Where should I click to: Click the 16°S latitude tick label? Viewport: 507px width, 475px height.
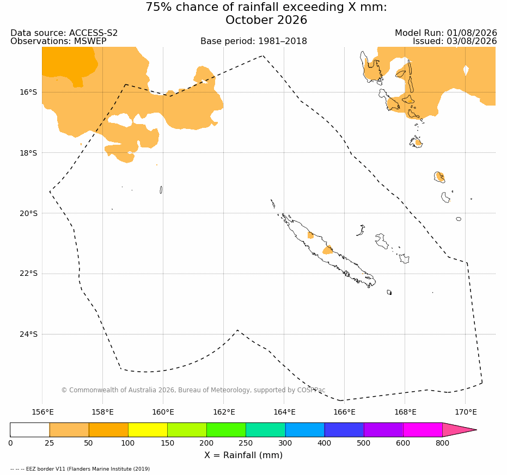tap(28, 92)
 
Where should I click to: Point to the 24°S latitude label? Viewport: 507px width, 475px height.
tap(28, 334)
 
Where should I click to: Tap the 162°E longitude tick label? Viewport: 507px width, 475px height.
tap(224, 412)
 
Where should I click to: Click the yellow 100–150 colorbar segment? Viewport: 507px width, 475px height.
tap(148, 430)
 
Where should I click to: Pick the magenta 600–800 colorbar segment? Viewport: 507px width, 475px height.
tap(423, 430)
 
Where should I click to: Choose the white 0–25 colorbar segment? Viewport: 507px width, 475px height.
tap(30, 430)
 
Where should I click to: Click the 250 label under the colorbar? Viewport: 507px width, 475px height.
tap(246, 443)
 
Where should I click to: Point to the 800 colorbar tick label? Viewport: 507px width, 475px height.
tap(442, 443)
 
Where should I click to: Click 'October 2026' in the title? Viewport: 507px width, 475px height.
tap(266, 20)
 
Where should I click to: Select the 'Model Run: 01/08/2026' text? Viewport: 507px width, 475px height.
tap(446, 33)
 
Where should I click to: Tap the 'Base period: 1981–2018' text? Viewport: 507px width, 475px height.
tap(254, 41)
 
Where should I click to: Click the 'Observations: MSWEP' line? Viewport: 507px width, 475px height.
tap(58, 41)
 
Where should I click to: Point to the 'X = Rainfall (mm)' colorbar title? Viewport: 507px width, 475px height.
tap(243, 455)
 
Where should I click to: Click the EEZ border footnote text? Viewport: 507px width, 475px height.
tap(80, 469)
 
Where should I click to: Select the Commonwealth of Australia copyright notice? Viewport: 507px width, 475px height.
tap(193, 390)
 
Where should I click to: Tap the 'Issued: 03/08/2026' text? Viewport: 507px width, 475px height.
tap(455, 41)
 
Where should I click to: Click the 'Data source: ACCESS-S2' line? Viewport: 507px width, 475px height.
tap(64, 33)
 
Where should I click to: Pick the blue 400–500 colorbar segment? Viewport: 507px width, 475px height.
tap(344, 430)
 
